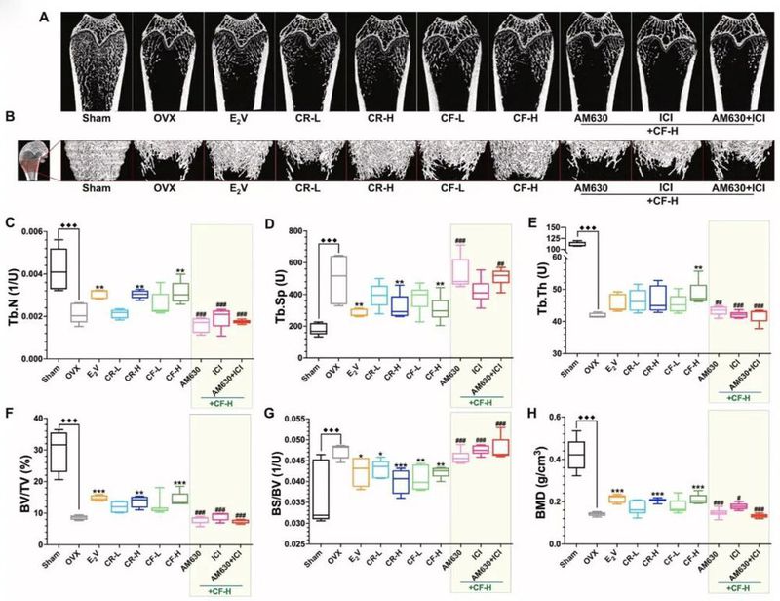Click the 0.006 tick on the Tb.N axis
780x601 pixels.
[28, 230]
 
